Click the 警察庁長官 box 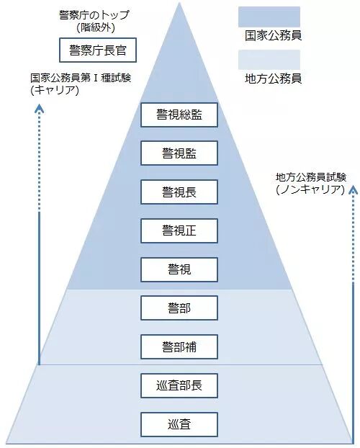click(x=98, y=50)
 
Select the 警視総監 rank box click(x=179, y=115)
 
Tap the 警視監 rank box click(x=179, y=153)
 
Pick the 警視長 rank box click(x=179, y=192)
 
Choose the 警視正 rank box click(x=179, y=231)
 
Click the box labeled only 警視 click(x=179, y=269)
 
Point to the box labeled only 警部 click(x=179, y=308)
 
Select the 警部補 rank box click(x=179, y=347)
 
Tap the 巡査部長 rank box click(x=179, y=386)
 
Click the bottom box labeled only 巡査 click(x=179, y=424)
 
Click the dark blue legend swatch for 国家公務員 click(x=269, y=17)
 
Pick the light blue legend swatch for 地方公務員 click(x=269, y=60)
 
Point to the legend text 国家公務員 click(x=273, y=36)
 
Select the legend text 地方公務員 click(x=273, y=79)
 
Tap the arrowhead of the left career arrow click(x=39, y=109)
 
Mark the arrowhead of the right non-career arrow click(x=353, y=190)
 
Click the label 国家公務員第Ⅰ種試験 click(x=81, y=78)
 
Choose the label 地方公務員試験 click(x=311, y=177)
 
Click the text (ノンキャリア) click(x=310, y=189)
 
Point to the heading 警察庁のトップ click(x=94, y=15)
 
